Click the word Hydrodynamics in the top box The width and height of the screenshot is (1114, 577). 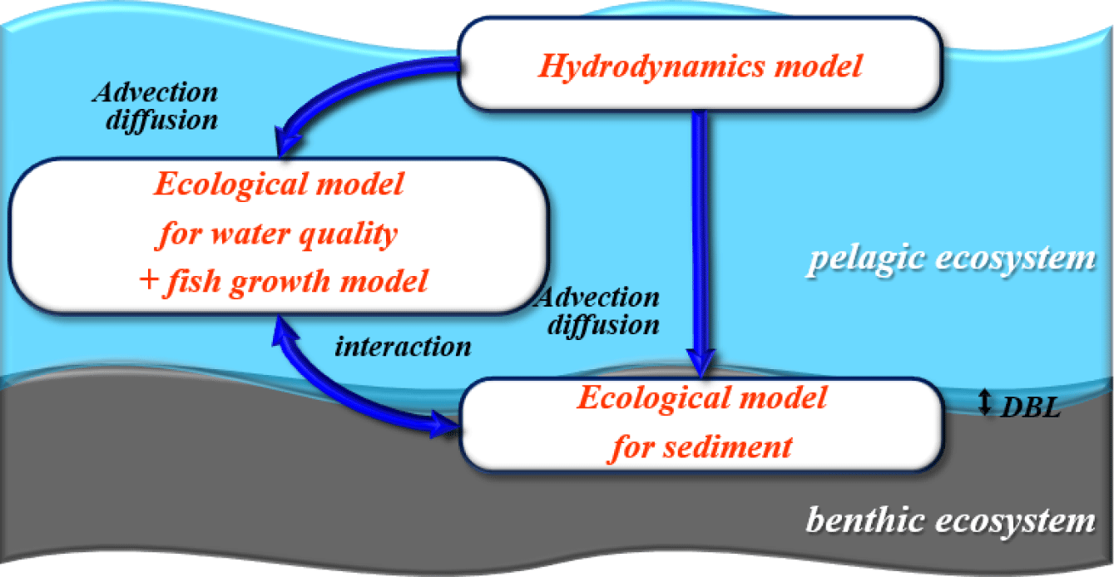click(x=651, y=67)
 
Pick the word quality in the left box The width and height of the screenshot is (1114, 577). click(x=349, y=234)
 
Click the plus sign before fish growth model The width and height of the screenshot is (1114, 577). click(x=149, y=280)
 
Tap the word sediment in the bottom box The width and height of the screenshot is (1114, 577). click(x=728, y=446)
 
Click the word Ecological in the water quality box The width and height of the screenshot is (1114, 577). click(x=231, y=185)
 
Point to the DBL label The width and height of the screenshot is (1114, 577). click(x=1030, y=407)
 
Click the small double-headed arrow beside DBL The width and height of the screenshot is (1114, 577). click(x=985, y=402)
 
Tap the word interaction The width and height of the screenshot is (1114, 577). click(x=403, y=347)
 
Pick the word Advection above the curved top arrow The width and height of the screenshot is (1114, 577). click(x=156, y=92)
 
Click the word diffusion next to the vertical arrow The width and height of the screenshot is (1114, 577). click(x=604, y=326)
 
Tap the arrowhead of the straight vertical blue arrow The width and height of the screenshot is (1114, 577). click(x=701, y=362)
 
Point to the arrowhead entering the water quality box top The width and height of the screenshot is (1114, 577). click(x=286, y=142)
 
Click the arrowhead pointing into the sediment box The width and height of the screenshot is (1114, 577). click(x=444, y=425)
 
